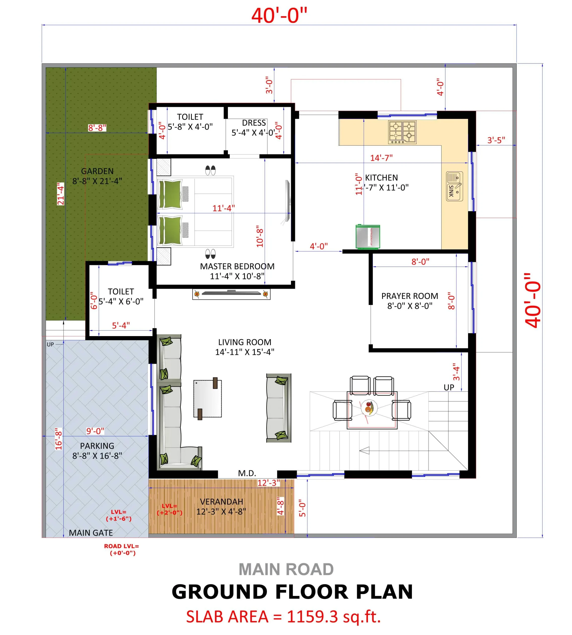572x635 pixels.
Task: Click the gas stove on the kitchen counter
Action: click(x=402, y=132)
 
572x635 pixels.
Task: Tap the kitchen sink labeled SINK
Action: click(x=454, y=186)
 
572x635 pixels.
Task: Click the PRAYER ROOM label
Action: click(x=410, y=296)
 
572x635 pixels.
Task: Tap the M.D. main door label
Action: click(x=247, y=473)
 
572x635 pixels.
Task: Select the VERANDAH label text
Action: click(x=221, y=502)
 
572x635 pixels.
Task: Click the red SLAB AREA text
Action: click(x=283, y=616)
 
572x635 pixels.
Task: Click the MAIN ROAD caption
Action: click(x=286, y=569)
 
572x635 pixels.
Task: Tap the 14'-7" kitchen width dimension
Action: click(x=381, y=158)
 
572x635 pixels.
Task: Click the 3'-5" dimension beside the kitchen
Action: click(x=496, y=140)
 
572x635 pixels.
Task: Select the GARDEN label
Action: click(x=97, y=171)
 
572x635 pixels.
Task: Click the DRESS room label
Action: click(x=254, y=123)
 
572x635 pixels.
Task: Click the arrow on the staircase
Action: click(x=364, y=451)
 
